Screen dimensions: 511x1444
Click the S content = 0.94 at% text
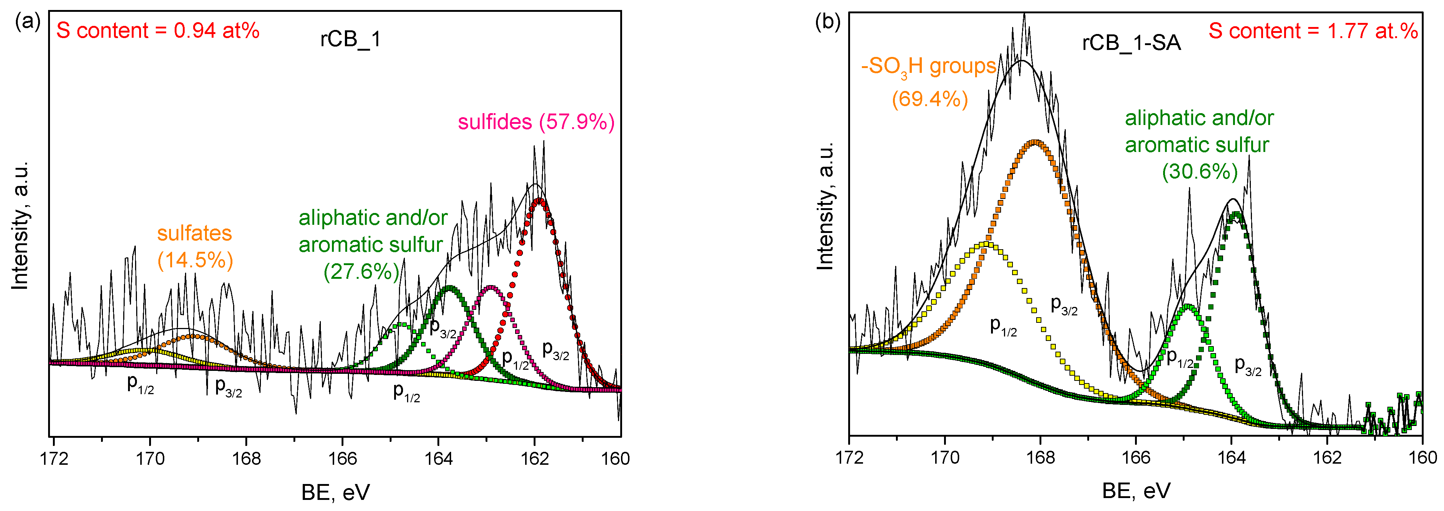click(158, 30)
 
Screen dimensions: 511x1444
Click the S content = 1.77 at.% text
click(1313, 31)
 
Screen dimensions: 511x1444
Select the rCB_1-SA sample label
click(1131, 43)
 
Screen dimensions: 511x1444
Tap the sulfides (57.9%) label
click(536, 122)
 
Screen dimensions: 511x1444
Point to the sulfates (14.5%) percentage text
click(195, 260)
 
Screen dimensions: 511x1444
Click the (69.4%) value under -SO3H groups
click(930, 99)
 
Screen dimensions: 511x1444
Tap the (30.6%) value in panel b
click(1200, 171)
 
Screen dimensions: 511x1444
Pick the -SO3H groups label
click(928, 67)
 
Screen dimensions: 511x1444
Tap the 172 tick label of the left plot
click(54, 458)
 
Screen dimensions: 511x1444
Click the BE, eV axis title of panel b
click(1136, 491)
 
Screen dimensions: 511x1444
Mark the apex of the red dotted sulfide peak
click(539, 200)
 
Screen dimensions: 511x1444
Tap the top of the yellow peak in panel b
click(987, 244)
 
